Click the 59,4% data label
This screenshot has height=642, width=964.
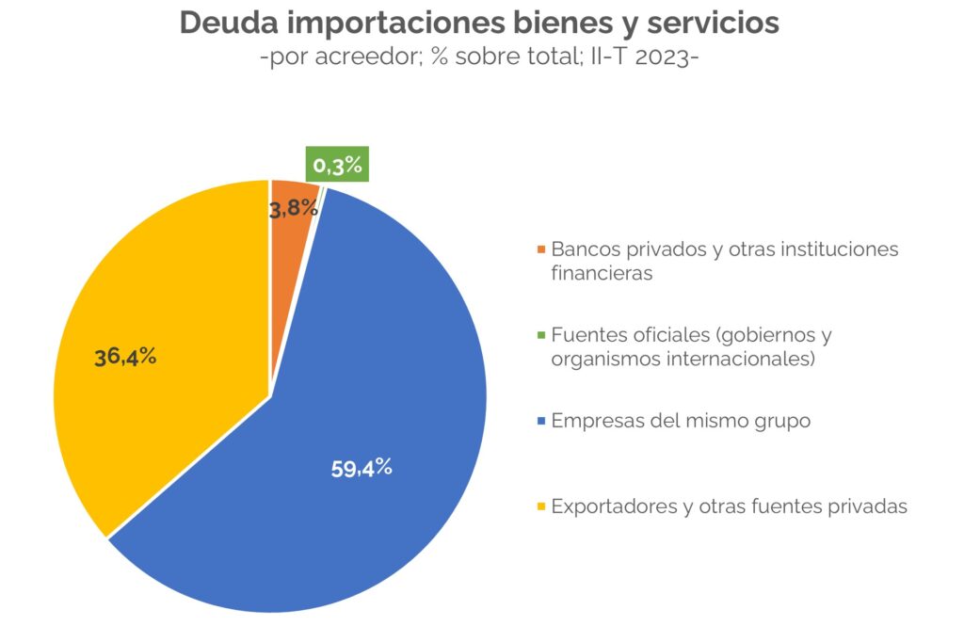coord(361,468)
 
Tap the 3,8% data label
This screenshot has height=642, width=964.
coord(292,209)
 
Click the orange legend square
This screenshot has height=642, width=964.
coord(540,250)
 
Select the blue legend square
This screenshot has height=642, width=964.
coord(540,422)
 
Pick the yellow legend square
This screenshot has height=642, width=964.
coord(540,507)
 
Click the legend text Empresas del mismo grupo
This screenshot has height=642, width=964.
coord(680,421)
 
